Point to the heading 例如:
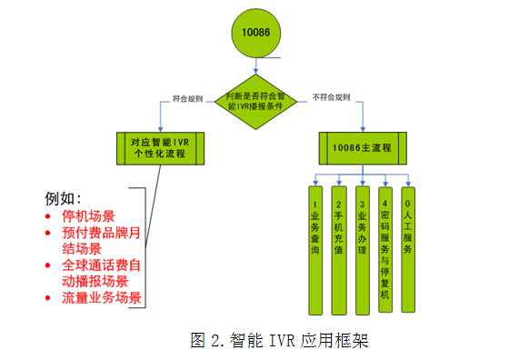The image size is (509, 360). click(x=64, y=198)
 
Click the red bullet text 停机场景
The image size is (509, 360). click(x=88, y=216)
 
